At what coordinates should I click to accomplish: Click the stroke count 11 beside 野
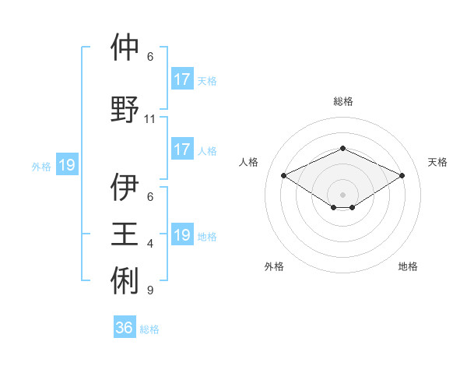(x=150, y=119)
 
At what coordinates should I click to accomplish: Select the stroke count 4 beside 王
(x=150, y=244)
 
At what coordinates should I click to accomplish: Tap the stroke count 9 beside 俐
(x=150, y=290)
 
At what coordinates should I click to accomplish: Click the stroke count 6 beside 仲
(x=150, y=57)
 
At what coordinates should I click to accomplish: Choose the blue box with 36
(x=125, y=328)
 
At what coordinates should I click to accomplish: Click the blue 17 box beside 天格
(x=181, y=79)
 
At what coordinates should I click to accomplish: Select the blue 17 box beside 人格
(x=181, y=150)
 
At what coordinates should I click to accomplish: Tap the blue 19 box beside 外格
(x=66, y=165)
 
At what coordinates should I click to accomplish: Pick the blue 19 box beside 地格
(x=181, y=235)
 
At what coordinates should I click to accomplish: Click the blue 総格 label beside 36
(x=150, y=329)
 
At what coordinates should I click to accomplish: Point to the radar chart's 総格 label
(x=343, y=101)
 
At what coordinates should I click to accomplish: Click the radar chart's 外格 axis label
(x=274, y=266)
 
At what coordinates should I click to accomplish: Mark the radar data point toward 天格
(x=402, y=176)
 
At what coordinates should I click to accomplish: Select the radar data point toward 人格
(x=283, y=176)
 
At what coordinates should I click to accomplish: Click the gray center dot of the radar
(x=342, y=194)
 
